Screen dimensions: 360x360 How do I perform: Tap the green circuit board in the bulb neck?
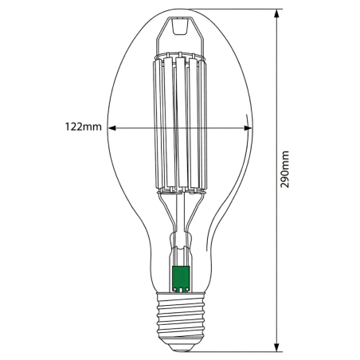point(181,278)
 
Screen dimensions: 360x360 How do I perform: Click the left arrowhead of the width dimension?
point(112,127)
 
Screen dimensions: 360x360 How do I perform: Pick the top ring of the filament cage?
point(181,57)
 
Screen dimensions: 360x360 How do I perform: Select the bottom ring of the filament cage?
point(181,190)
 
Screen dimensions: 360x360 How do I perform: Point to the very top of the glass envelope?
point(181,10)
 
